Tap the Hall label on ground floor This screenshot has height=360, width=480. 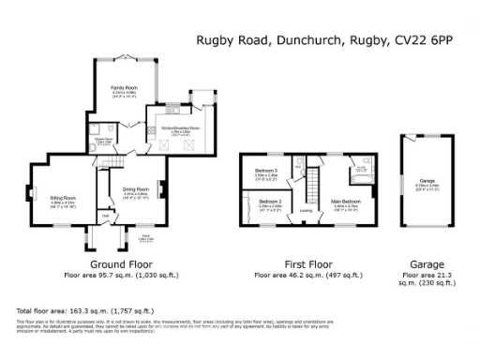click(x=106, y=217)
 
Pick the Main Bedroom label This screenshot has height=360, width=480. click(x=345, y=201)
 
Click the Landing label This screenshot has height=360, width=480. click(x=306, y=210)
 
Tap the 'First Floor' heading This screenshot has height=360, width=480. click(x=307, y=265)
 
